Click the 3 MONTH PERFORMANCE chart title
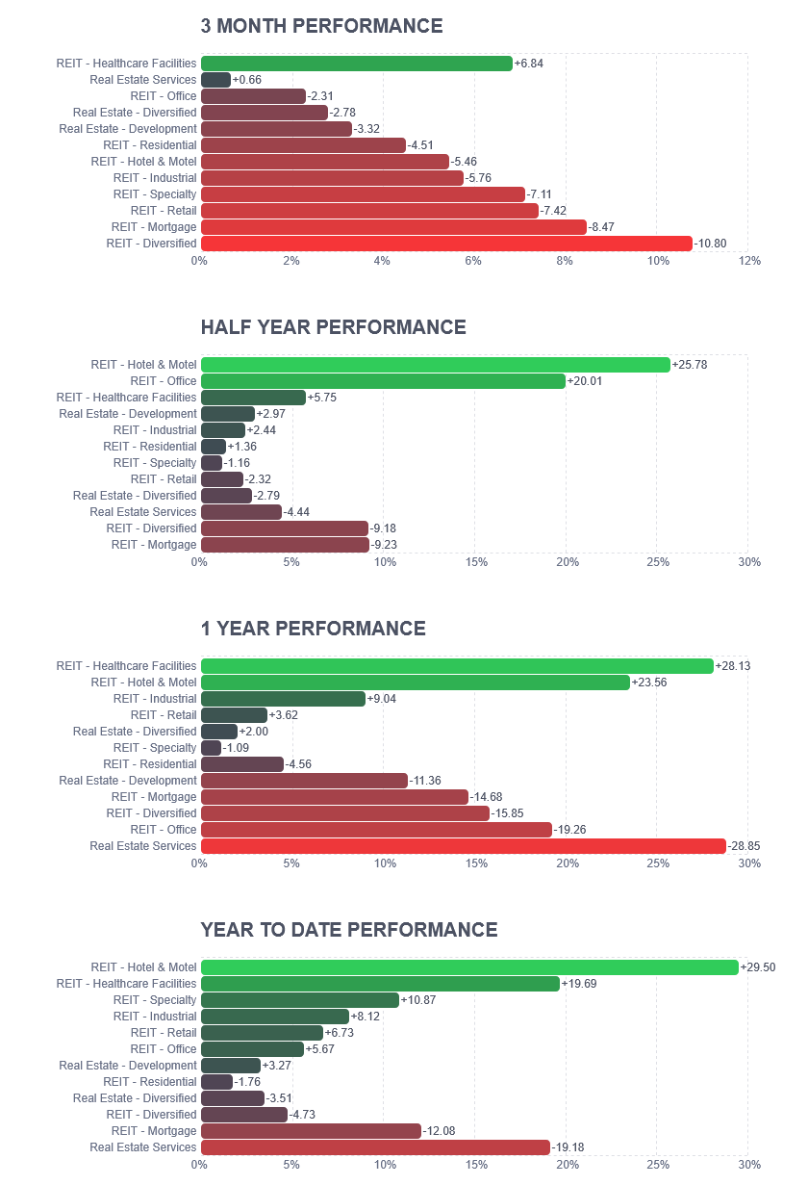[321, 26]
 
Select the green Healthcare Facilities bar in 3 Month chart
[357, 64]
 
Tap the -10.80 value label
[710, 244]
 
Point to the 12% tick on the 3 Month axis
[749, 261]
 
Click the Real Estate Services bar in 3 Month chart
[216, 80]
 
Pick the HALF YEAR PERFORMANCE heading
[334, 327]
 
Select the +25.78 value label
[690, 365]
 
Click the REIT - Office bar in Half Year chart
[383, 381]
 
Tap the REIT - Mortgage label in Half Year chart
[154, 544]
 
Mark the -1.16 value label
[237, 463]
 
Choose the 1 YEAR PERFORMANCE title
[313, 629]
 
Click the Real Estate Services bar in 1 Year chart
[464, 846]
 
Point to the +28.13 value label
[733, 666]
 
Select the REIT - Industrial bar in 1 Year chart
[283, 699]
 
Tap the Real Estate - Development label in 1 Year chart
[128, 781]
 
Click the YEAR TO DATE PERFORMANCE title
[349, 930]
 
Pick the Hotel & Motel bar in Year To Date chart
[469, 967]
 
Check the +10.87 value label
[418, 1000]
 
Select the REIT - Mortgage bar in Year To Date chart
[312, 1131]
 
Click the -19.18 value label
[568, 1147]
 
